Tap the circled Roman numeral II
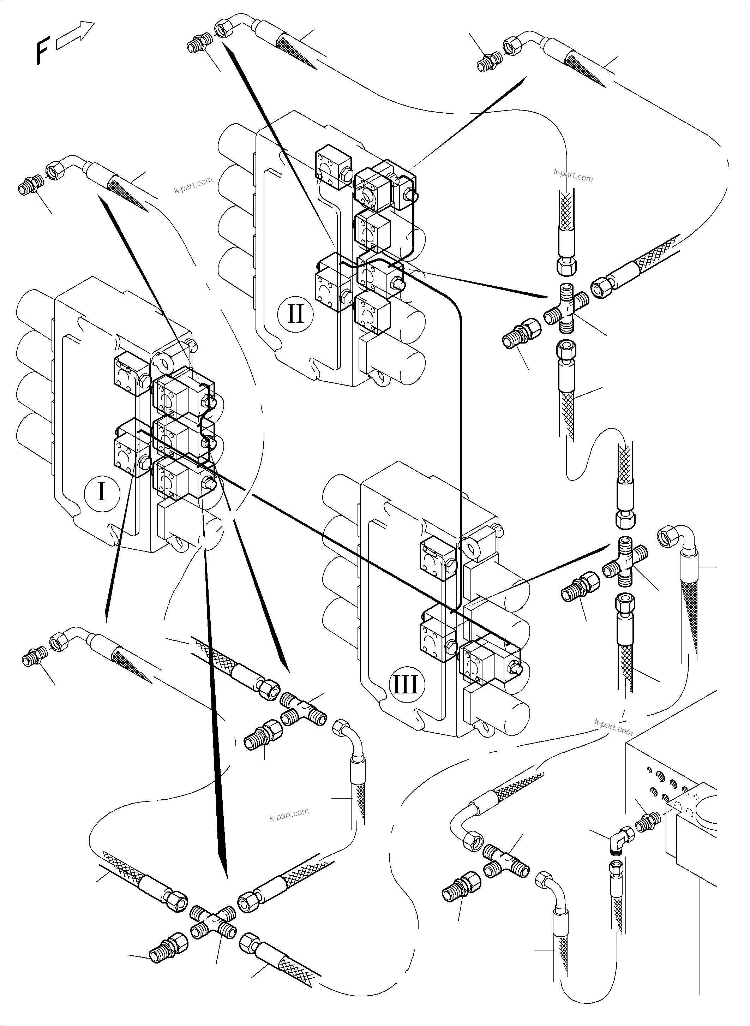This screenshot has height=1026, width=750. click(295, 314)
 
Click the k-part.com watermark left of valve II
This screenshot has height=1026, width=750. click(193, 185)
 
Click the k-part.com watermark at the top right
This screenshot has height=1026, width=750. click(574, 175)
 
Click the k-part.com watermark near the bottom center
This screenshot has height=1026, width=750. click(289, 815)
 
